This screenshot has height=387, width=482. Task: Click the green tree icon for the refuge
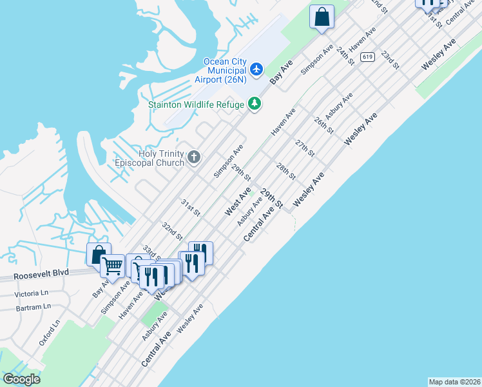tap(255, 104)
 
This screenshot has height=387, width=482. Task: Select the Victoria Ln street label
tap(30, 294)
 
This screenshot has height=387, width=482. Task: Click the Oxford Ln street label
tap(50, 332)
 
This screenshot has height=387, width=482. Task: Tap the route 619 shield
tap(367, 57)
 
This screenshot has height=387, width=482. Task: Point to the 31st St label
tap(190, 207)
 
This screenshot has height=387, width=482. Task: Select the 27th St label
tap(305, 148)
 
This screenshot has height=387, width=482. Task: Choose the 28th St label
tap(285, 172)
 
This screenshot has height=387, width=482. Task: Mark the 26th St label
tap(323, 125)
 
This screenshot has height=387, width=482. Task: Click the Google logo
tap(21, 379)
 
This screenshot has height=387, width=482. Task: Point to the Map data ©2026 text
tap(454, 381)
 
